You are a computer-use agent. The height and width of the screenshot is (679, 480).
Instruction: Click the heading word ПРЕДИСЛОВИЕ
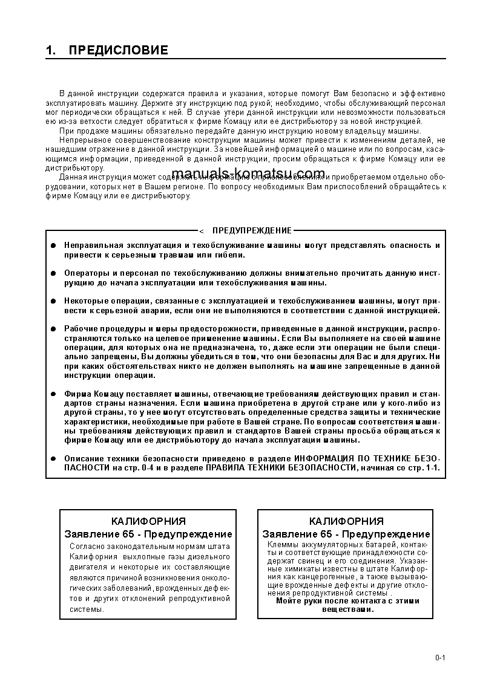click(x=118, y=50)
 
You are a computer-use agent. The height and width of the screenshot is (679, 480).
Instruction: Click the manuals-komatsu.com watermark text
click(x=248, y=174)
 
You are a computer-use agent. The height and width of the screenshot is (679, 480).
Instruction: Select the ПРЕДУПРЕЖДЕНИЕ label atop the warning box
click(x=252, y=230)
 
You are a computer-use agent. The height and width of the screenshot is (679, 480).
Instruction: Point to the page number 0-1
click(x=439, y=658)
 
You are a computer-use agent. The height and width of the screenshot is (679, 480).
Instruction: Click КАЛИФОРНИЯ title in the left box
click(x=148, y=521)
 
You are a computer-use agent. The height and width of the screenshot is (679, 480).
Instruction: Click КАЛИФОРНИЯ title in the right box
click(x=346, y=521)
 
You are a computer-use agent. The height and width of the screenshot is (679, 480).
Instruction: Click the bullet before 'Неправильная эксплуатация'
click(x=53, y=245)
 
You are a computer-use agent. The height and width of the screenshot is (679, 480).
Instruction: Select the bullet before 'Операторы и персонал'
click(x=53, y=273)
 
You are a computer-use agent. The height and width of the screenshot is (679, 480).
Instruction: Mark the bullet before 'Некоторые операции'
click(x=53, y=301)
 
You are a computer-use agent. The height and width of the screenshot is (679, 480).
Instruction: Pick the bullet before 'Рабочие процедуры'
click(x=53, y=328)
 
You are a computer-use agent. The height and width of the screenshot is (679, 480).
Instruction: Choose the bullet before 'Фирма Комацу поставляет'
click(x=53, y=394)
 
